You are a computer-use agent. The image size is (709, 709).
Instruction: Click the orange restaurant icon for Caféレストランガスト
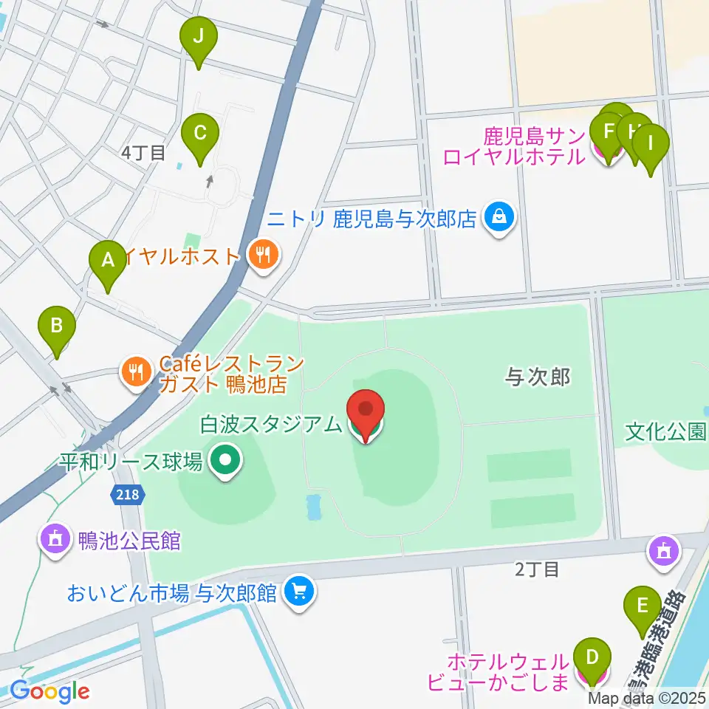[x=135, y=371]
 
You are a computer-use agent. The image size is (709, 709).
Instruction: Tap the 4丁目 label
[x=143, y=153]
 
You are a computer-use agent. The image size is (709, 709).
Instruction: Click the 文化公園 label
[x=665, y=431]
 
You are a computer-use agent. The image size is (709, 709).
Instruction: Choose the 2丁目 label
[x=538, y=569]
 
